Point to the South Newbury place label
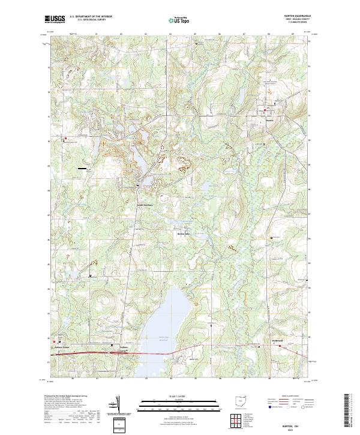pos(143,203)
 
